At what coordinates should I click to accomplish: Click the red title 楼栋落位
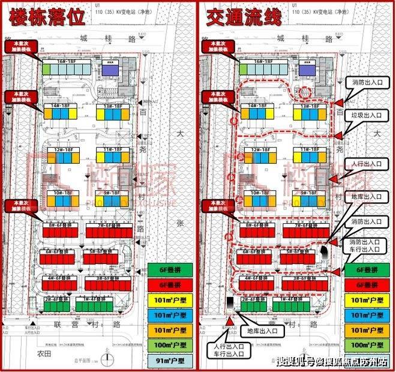(46, 17)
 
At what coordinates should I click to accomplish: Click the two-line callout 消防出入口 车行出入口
(368, 244)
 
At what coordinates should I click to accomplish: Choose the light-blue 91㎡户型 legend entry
(169, 361)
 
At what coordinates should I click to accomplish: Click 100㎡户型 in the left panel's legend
(169, 345)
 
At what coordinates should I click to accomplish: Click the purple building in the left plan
(110, 70)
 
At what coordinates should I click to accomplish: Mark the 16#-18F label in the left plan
(67, 62)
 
